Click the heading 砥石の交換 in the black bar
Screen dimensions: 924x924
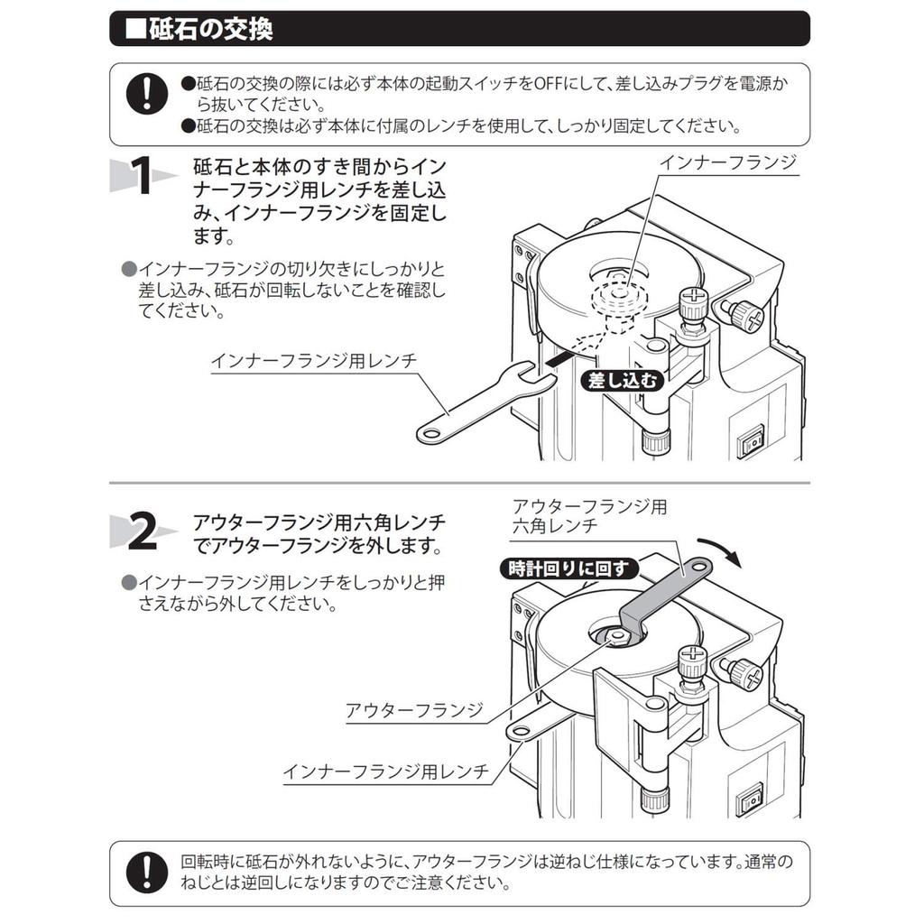tap(210, 29)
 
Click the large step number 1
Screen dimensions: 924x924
tap(142, 175)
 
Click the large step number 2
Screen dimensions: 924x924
tap(142, 531)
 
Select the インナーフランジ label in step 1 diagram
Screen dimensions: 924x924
tap(728, 162)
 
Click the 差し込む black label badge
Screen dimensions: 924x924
tap(623, 381)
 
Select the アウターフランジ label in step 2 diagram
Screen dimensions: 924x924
tap(414, 710)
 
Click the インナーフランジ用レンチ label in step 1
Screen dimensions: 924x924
tap(314, 360)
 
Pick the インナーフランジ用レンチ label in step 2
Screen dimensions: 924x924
tap(386, 772)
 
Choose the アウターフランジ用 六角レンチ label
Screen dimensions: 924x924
tap(589, 515)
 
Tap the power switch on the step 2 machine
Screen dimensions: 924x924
tap(749, 799)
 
